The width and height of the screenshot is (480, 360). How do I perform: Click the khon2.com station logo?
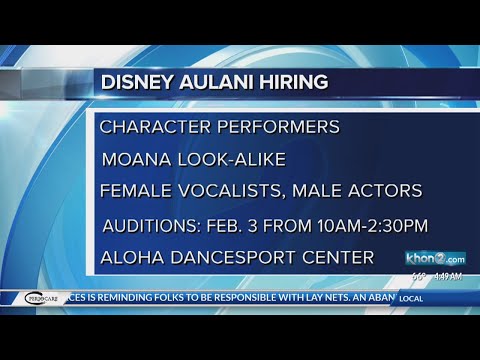click(x=435, y=259)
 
